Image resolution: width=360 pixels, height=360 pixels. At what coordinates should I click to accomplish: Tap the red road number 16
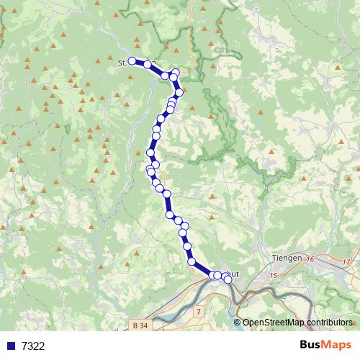[311, 259]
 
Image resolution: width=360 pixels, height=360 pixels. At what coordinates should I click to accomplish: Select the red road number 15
[273, 276]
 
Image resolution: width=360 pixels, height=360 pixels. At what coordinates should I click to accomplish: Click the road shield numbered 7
[198, 311]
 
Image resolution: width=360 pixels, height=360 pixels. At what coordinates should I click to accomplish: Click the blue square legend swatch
[11, 346]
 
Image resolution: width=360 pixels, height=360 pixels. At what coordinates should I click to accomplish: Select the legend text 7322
[33, 346]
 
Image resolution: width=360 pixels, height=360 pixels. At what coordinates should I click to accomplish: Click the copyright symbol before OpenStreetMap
[238, 323]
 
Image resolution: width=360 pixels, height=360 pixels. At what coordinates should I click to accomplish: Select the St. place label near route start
[122, 63]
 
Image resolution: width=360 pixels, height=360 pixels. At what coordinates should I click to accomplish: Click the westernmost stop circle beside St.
[132, 61]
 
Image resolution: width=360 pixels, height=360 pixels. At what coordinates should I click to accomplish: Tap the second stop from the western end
[148, 64]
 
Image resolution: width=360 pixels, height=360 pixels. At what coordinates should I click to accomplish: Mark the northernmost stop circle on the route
[175, 73]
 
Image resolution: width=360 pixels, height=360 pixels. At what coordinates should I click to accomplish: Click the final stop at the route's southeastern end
[228, 279]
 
